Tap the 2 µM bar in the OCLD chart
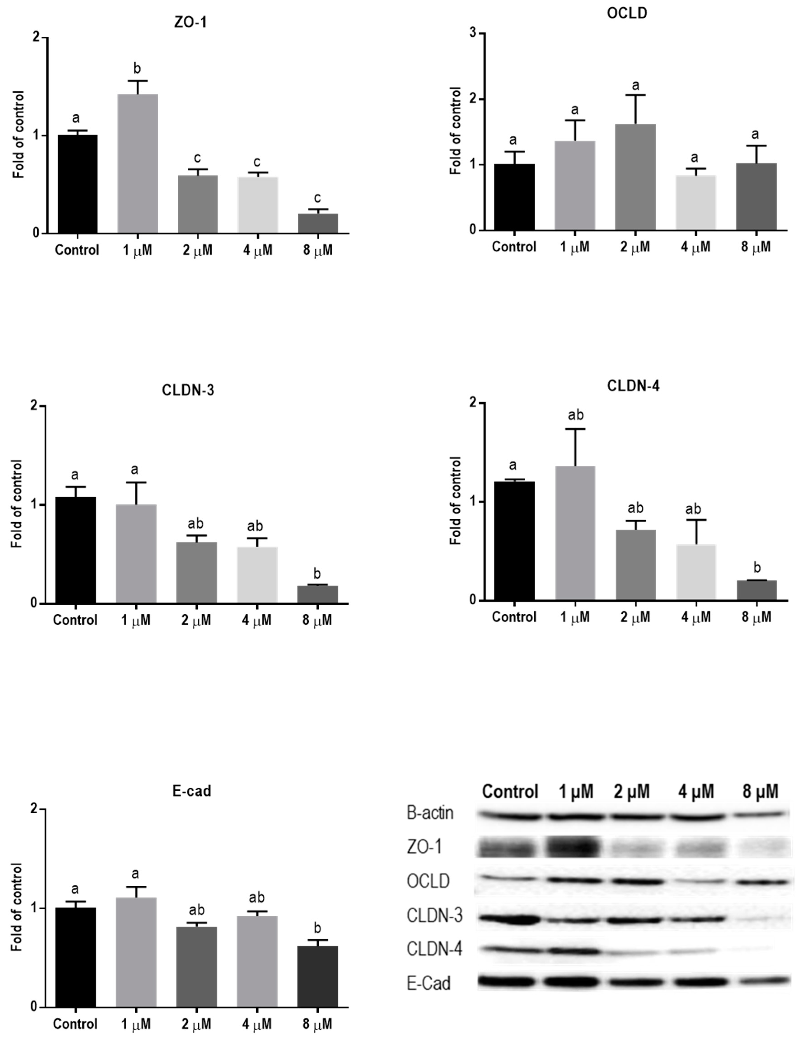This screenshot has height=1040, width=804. point(635,177)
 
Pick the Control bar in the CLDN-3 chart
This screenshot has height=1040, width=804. point(76,550)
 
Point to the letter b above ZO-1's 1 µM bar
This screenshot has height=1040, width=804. point(137,68)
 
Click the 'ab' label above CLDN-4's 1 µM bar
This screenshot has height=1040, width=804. point(575,415)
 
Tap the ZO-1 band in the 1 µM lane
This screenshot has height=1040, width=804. point(575,847)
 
